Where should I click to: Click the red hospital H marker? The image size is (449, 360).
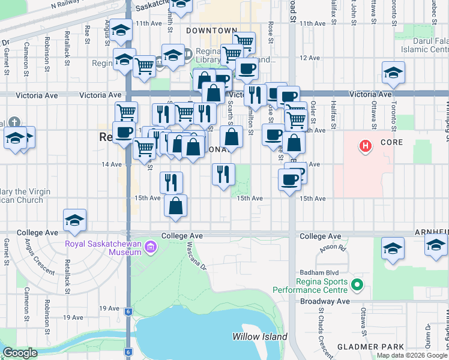click(364, 145)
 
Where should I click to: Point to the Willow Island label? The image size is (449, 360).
click(260, 337)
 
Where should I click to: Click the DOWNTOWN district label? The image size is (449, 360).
click(211, 30)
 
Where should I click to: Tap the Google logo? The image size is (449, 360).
click(20, 353)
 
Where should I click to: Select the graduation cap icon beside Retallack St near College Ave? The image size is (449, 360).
click(74, 220)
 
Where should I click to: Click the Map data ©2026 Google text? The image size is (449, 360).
click(411, 356)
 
